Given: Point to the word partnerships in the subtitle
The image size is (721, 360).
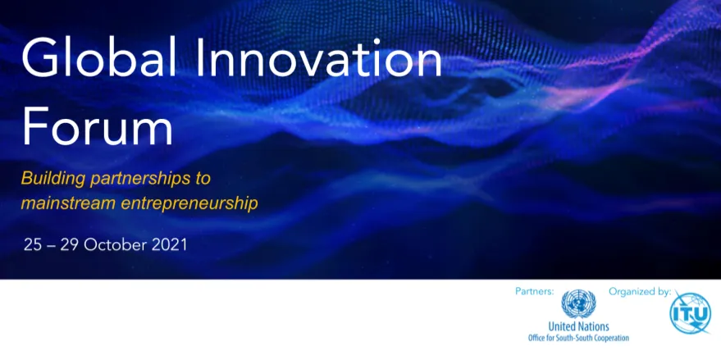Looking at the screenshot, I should coord(144,178).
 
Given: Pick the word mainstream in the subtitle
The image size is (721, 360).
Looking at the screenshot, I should coord(67,203).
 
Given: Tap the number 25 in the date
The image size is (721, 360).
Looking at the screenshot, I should coord(33,244).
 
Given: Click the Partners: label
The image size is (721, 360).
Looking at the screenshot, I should coord(535,291).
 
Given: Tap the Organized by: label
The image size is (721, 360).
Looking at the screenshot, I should coord(640,291).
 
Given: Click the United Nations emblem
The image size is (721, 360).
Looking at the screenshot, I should coord(578,304).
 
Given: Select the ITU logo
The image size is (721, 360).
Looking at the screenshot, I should coord(690,313).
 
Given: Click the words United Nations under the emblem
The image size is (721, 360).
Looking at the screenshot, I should coord(578,326).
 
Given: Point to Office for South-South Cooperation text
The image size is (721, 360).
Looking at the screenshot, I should coord(578,337).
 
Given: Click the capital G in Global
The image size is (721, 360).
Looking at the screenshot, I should coord(39,60).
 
